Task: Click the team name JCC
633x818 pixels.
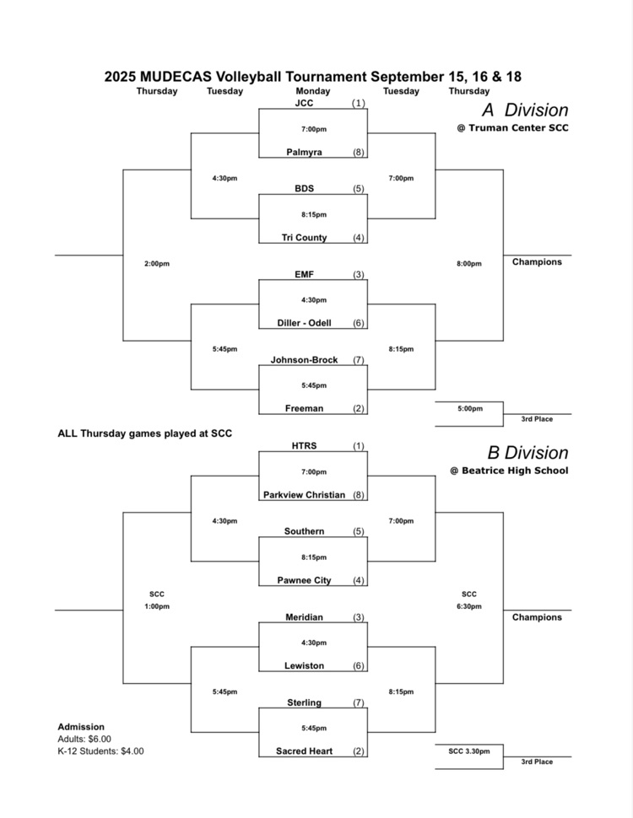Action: pos(304,103)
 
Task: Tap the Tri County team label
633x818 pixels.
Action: pos(304,238)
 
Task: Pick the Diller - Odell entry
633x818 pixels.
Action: pos(304,323)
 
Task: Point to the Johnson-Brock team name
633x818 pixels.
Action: pos(304,360)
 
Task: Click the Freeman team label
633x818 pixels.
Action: pos(304,409)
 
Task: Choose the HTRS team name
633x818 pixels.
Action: pos(304,446)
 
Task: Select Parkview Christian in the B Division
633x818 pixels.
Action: pos(304,495)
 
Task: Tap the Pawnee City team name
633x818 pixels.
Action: pos(304,580)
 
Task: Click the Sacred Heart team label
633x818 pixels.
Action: pos(304,751)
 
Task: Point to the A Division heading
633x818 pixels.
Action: pos(525,110)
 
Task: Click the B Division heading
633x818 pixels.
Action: pos(525,453)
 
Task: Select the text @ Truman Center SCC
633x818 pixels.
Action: pos(512,128)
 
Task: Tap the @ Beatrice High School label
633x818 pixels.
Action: pos(509,471)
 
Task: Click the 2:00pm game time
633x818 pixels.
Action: pos(157,264)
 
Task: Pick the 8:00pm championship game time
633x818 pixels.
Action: pos(469,264)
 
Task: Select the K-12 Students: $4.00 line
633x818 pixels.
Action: pos(100,751)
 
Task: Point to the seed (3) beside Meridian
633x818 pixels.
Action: pos(359,617)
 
